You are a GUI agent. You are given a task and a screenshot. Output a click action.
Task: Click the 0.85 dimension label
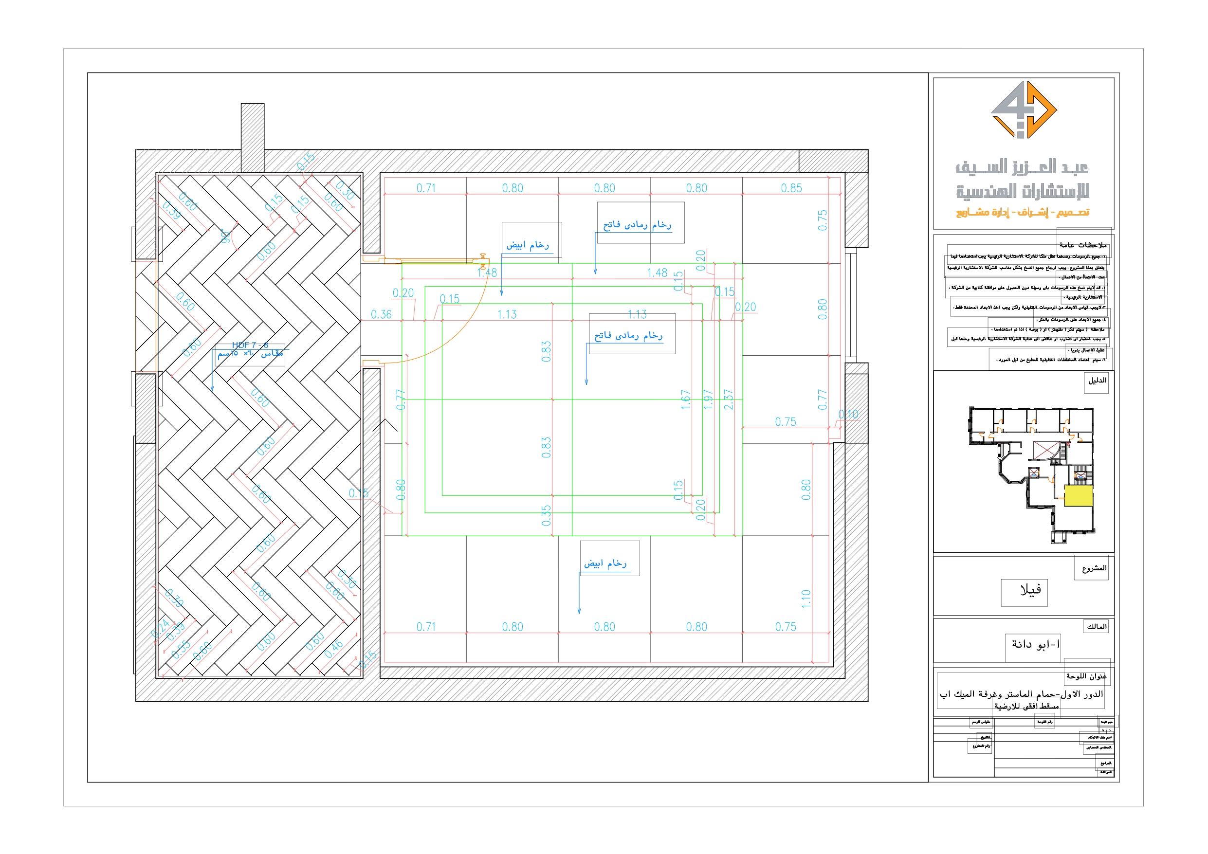pyautogui.click(x=791, y=188)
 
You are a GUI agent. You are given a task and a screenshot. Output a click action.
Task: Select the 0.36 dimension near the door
pyautogui.click(x=381, y=315)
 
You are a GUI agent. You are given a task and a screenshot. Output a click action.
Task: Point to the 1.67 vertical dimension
pyautogui.click(x=686, y=400)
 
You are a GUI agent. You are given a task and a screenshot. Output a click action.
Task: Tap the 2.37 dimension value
pyautogui.click(x=729, y=400)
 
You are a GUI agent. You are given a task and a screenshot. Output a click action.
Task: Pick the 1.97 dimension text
pyautogui.click(x=708, y=400)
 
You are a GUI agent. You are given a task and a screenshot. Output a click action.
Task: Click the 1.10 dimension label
pyautogui.click(x=806, y=599)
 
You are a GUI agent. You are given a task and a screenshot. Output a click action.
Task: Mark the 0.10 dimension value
pyautogui.click(x=848, y=415)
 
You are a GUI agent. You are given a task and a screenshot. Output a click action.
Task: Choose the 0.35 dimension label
pyautogui.click(x=546, y=515)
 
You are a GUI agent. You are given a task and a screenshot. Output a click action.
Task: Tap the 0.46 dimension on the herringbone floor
pyautogui.click(x=333, y=649)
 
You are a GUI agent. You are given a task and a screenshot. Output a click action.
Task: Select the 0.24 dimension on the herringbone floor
pyautogui.click(x=160, y=628)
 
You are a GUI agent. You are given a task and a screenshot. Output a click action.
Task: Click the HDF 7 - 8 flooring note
pyautogui.click(x=251, y=345)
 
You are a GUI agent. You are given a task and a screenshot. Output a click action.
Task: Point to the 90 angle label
pyautogui.click(x=226, y=236)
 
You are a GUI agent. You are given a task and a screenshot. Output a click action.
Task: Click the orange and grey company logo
pyautogui.click(x=1024, y=110)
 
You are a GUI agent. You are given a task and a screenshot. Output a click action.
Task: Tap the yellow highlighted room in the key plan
pyautogui.click(x=1079, y=496)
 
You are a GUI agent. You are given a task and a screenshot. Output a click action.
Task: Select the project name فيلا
pyautogui.click(x=1030, y=590)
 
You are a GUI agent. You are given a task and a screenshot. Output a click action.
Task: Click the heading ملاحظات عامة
pyautogui.click(x=1083, y=245)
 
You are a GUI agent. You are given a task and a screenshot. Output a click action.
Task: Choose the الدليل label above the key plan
pyautogui.click(x=1098, y=381)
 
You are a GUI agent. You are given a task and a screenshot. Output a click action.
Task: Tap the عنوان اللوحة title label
pyautogui.click(x=1086, y=676)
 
